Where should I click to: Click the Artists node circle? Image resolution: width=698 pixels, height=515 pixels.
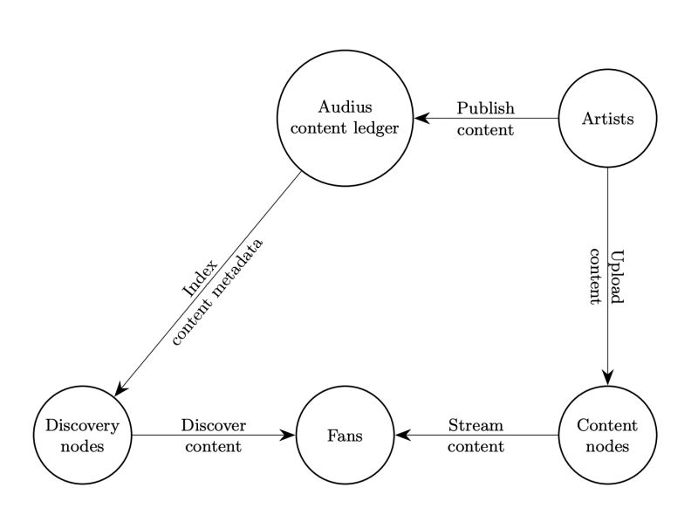pos(607,119)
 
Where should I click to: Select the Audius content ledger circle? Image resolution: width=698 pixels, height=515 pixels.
pos(345,119)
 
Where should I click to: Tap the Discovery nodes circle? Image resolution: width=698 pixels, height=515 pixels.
pos(83,435)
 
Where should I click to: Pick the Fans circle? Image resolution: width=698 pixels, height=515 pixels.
pos(345,435)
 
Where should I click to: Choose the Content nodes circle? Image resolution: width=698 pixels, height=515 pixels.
pos(607,435)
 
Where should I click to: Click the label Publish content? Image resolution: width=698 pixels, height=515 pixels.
pos(486,119)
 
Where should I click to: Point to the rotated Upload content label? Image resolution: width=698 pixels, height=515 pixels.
pos(606,276)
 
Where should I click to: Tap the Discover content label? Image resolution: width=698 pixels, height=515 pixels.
pos(214,436)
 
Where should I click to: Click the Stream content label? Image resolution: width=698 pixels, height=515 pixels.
pos(476,436)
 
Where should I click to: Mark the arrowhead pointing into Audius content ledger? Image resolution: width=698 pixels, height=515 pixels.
pos(421,119)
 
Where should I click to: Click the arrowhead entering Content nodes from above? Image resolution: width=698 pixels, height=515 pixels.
pos(607,377)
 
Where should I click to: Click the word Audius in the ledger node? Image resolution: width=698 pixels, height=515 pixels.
pos(345,107)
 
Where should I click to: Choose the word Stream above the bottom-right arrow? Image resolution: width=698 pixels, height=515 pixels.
pos(476,426)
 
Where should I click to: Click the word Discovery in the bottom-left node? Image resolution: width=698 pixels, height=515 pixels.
pos(83,426)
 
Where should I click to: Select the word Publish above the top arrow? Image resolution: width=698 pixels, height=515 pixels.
pos(486,108)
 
